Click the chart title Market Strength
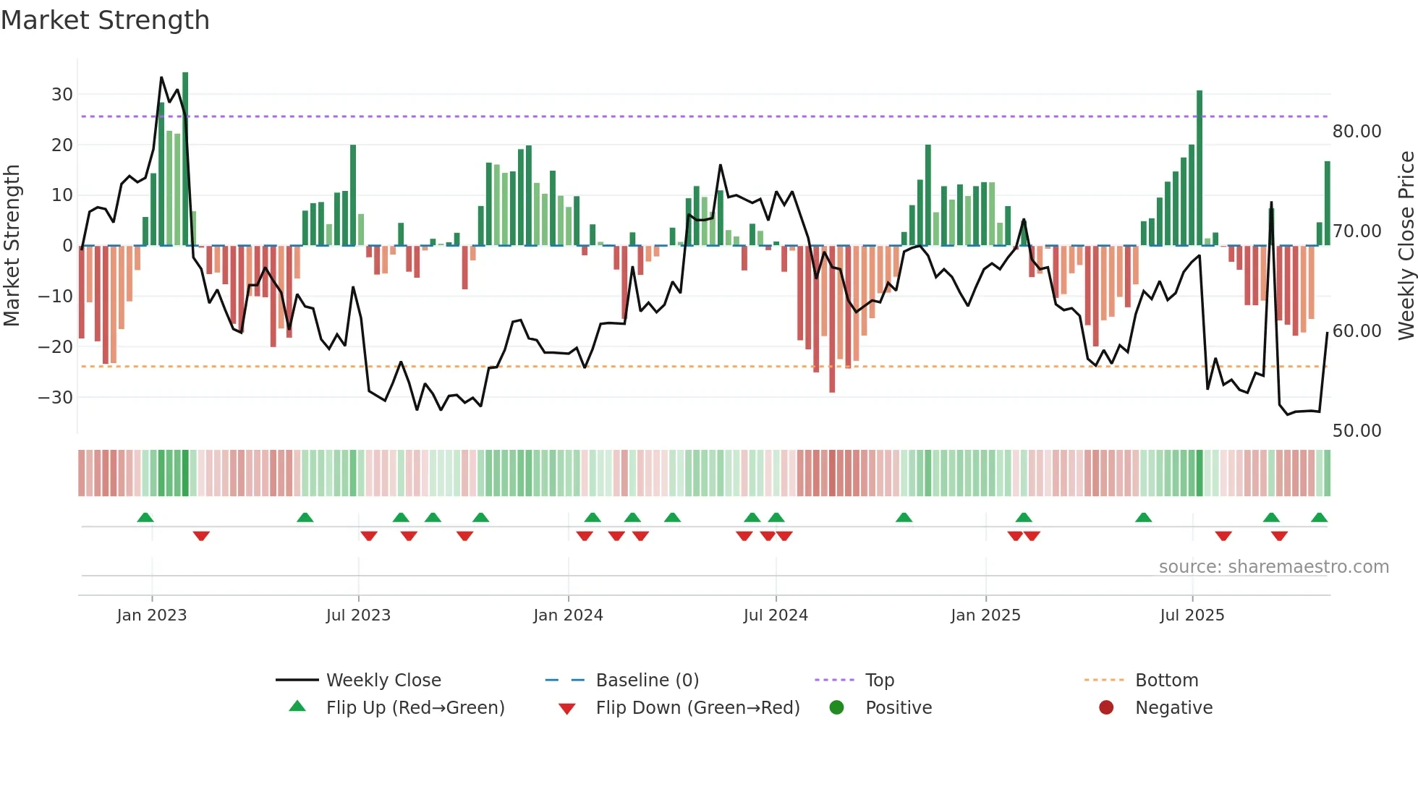(x=105, y=20)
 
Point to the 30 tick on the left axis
(x=61, y=94)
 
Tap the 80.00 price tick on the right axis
(x=1357, y=132)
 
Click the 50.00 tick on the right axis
(x=1357, y=431)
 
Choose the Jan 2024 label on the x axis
(x=568, y=615)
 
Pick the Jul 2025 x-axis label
(x=1192, y=615)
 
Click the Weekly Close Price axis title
(x=1406, y=246)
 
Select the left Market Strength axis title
(x=12, y=246)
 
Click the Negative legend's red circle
(x=1106, y=707)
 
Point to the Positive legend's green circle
(x=836, y=707)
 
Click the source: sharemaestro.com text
(x=1273, y=567)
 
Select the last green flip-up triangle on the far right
(x=1319, y=518)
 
